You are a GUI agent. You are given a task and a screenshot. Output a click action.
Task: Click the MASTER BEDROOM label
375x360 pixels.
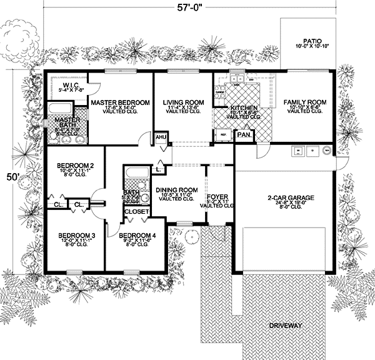tap(120, 102)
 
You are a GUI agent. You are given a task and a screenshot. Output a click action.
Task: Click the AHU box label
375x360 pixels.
tap(160, 136)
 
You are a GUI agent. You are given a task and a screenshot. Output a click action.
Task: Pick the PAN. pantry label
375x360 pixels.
tap(242, 134)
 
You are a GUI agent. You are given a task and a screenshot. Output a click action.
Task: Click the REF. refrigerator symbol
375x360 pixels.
tap(222, 134)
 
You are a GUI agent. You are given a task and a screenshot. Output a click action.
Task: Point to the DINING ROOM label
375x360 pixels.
tap(178, 190)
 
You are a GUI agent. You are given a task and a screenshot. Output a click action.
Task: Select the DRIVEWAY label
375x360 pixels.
tap(286, 326)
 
